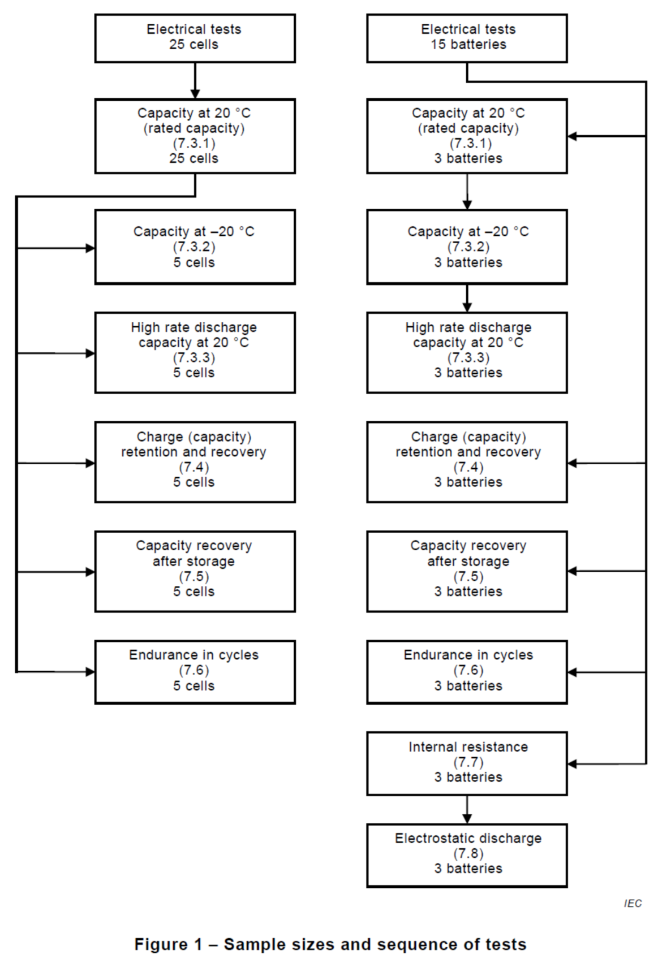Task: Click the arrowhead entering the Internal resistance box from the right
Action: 573,763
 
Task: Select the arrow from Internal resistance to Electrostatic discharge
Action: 467,810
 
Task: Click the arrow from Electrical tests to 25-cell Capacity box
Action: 195,81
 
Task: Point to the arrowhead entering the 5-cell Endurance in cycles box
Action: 90,672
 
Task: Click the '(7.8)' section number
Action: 468,853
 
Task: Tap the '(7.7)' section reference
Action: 468,762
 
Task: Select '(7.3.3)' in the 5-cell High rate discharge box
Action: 194,357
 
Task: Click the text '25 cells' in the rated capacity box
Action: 193,158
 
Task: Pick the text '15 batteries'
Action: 468,44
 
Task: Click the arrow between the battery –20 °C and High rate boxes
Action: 467,299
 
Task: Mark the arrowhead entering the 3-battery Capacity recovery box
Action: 573,571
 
